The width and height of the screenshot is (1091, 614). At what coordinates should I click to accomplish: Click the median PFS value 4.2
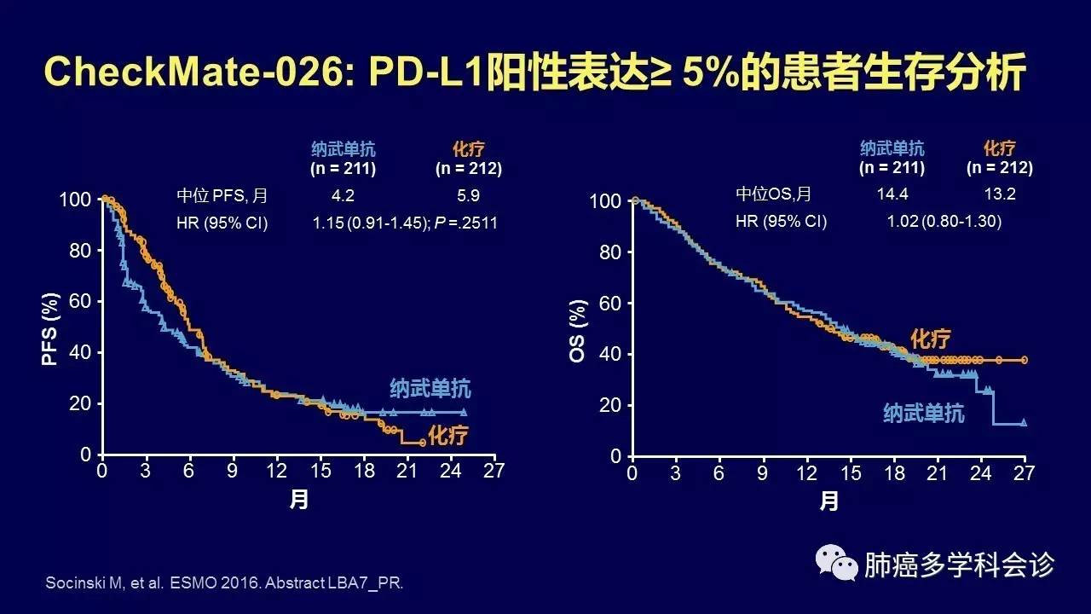click(x=343, y=195)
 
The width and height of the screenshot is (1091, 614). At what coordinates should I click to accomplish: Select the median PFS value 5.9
click(x=468, y=195)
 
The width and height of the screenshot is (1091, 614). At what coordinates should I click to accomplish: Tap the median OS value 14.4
click(x=892, y=194)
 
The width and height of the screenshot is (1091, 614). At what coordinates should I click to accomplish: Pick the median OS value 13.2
click(x=999, y=194)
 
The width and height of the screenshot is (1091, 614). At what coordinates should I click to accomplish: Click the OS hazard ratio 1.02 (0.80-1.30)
click(x=944, y=222)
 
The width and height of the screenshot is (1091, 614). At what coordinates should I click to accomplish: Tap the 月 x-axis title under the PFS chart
click(x=298, y=501)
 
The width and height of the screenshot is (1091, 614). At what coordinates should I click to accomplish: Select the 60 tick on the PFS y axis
click(x=79, y=302)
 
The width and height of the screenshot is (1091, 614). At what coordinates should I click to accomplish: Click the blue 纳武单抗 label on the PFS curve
click(x=430, y=389)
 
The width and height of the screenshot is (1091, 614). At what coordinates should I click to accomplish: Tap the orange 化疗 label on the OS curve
click(x=930, y=339)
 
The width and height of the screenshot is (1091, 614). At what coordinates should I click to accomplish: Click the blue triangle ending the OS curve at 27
click(x=1024, y=422)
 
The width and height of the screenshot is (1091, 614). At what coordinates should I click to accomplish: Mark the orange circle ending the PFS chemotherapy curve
click(x=423, y=442)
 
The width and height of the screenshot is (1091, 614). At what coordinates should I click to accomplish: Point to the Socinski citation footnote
click(x=222, y=583)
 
